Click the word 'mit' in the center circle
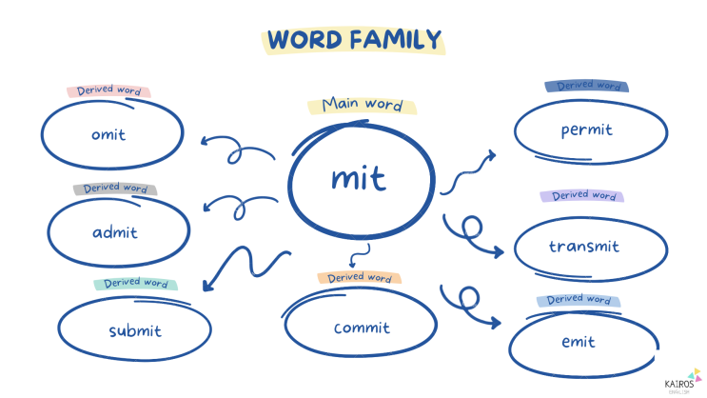click(359, 178)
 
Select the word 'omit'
click(108, 134)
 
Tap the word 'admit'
click(115, 232)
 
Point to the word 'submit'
click(135, 330)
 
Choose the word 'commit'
click(362, 328)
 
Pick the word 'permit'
click(586, 130)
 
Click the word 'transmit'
click(584, 246)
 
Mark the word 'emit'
click(579, 341)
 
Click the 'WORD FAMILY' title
click(354, 40)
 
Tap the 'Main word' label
click(363, 105)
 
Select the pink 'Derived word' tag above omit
click(108, 90)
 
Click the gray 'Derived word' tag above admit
click(115, 188)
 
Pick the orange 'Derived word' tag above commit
click(360, 277)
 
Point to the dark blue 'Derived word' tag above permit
click(586, 86)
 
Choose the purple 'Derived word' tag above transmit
click(582, 195)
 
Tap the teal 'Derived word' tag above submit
click(136, 284)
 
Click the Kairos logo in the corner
click(682, 382)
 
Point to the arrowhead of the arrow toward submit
click(207, 286)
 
